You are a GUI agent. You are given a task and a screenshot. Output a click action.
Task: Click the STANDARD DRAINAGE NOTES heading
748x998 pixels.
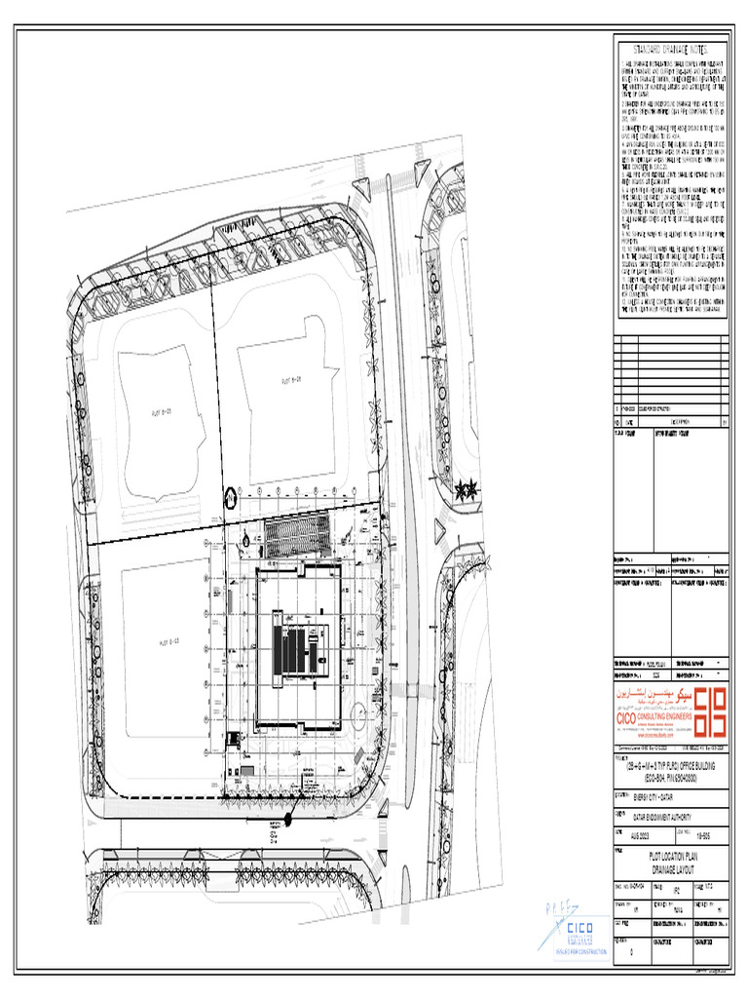671,49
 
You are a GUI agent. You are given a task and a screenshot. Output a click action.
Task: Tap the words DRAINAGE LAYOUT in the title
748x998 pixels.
671,867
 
